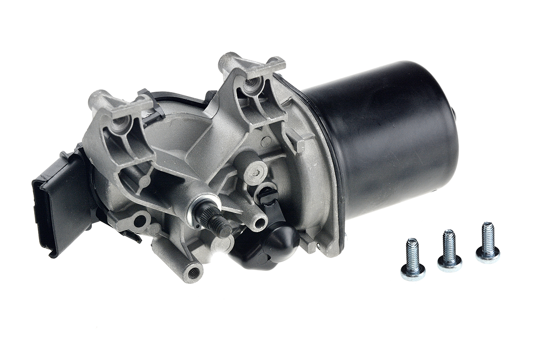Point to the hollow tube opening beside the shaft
(x=258, y=221)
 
